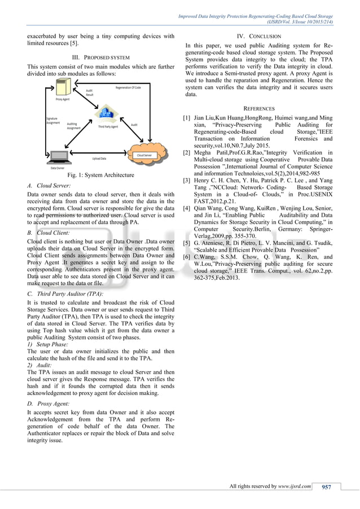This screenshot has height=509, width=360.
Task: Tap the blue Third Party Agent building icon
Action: tap(103, 117)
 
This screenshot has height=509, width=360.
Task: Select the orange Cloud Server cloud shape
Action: tap(144, 154)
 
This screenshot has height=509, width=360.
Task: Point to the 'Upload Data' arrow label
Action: tap(100, 159)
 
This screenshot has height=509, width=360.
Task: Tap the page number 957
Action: tap(327, 486)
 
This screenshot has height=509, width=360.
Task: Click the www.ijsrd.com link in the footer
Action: tap(295, 486)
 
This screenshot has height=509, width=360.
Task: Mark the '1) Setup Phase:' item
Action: tap(47, 344)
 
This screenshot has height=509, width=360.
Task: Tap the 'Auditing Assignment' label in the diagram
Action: tap(73, 125)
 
